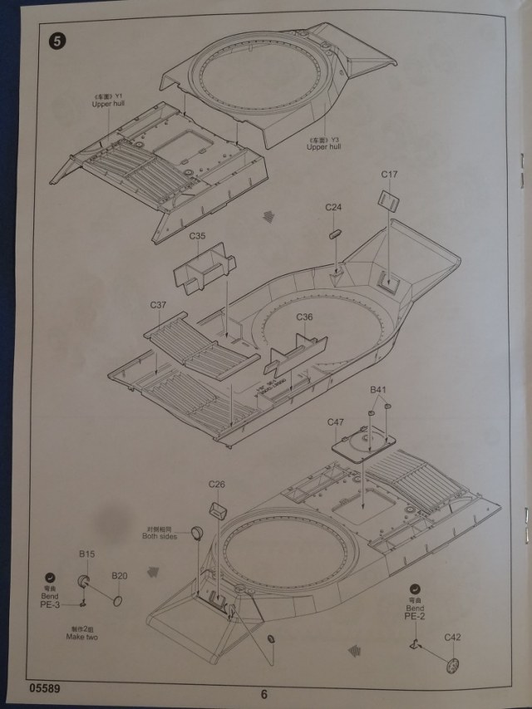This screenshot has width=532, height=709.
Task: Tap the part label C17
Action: pyautogui.click(x=390, y=175)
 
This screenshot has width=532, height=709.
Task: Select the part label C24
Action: pyautogui.click(x=333, y=206)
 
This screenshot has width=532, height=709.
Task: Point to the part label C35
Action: pyautogui.click(x=197, y=236)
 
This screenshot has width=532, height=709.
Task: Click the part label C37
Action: pyautogui.click(x=159, y=305)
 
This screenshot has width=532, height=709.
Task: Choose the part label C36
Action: pyautogui.click(x=304, y=317)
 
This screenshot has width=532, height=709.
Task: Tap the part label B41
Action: pyautogui.click(x=378, y=390)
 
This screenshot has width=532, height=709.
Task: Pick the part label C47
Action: pyautogui.click(x=335, y=422)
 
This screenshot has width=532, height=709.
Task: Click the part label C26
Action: pyautogui.click(x=217, y=485)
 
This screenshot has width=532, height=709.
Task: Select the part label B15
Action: pyautogui.click(x=87, y=554)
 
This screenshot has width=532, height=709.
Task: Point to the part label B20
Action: pyautogui.click(x=120, y=575)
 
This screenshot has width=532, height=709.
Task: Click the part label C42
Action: pyautogui.click(x=452, y=637)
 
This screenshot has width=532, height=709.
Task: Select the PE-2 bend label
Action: pyautogui.click(x=413, y=615)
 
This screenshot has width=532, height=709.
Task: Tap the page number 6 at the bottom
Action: pyautogui.click(x=264, y=696)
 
